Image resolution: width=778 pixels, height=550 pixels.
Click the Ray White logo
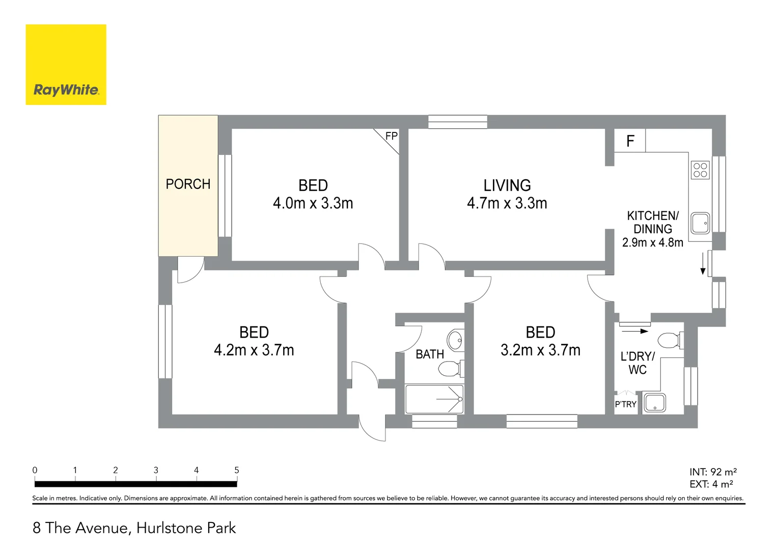click(x=66, y=65)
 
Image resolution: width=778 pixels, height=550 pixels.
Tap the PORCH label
click(x=188, y=184)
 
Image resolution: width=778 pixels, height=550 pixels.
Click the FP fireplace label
click(x=391, y=136)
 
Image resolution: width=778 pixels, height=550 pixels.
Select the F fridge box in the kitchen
click(x=630, y=141)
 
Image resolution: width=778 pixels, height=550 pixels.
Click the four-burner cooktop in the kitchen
click(x=700, y=170)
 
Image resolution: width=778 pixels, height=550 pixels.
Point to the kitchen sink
click(x=701, y=223)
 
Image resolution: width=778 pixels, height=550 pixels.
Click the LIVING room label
click(x=507, y=185)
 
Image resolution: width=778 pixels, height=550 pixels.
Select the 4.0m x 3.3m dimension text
click(x=313, y=203)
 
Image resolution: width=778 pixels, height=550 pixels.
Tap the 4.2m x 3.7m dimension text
click(x=254, y=350)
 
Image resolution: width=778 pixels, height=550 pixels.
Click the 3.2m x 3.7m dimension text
click(x=540, y=350)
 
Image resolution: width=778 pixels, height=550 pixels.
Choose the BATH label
click(x=430, y=354)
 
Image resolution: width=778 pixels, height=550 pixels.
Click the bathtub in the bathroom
click(x=434, y=399)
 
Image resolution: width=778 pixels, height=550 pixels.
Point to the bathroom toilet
click(x=450, y=368)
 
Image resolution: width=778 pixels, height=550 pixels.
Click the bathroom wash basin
click(x=455, y=340)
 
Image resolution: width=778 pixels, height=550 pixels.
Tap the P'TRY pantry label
click(x=625, y=404)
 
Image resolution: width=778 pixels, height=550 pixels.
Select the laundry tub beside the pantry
click(x=654, y=402)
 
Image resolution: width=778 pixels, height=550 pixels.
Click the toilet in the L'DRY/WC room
click(x=670, y=340)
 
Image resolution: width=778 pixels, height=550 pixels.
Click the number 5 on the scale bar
click(x=236, y=470)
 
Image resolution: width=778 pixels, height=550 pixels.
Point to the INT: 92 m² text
click(x=713, y=472)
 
